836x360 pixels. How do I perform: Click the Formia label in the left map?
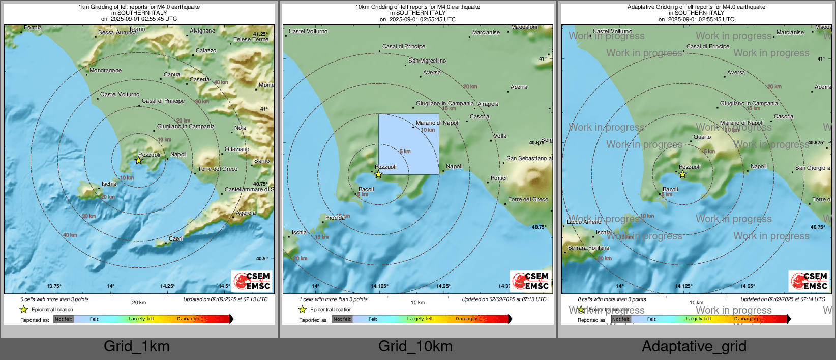[33, 28]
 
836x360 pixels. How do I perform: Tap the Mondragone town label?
[105, 71]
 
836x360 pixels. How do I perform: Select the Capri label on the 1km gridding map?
[175, 238]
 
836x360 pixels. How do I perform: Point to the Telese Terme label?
[251, 40]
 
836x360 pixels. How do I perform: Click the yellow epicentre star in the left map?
[138, 160]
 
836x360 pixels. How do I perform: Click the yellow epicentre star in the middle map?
[378, 174]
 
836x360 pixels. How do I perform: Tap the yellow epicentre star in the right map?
[682, 174]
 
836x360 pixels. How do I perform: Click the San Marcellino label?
[427, 61]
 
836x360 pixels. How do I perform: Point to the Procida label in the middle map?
[335, 218]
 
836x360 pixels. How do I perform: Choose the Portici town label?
[499, 178]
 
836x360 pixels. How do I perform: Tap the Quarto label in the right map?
[702, 137]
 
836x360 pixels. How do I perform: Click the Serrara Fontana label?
[588, 248]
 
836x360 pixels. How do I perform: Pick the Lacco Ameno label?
[584, 222]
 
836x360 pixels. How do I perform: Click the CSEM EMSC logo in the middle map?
[530, 281]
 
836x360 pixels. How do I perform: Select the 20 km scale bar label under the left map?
[139, 303]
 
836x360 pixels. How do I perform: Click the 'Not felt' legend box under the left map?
[64, 319]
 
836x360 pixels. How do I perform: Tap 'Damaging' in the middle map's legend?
[467, 319]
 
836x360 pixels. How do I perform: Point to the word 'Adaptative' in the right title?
[641, 7]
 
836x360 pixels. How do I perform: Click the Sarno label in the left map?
[262, 161]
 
